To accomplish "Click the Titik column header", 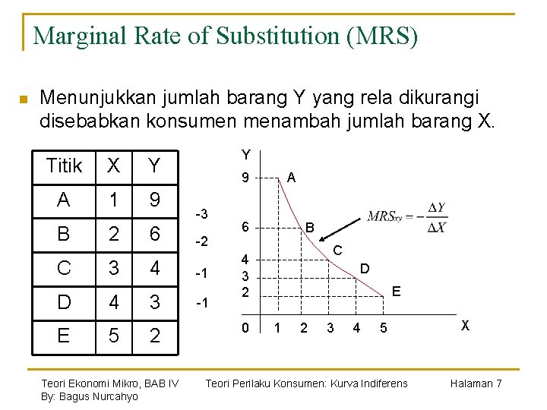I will click(65, 166).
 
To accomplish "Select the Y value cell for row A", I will click(154, 201).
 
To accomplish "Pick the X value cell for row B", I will click(114, 235).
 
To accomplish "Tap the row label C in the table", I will click(65, 269).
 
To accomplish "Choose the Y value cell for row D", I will click(154, 302).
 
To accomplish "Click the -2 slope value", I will click(202, 242).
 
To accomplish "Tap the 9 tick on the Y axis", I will click(245, 179).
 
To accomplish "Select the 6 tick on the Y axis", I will click(245, 227).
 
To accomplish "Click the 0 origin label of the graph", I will click(245, 327).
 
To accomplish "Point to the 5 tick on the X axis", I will click(384, 328).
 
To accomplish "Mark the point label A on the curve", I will click(292, 177).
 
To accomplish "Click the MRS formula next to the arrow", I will click(406, 217).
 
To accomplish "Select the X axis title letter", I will click(465, 324).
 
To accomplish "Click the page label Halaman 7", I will click(476, 383).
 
